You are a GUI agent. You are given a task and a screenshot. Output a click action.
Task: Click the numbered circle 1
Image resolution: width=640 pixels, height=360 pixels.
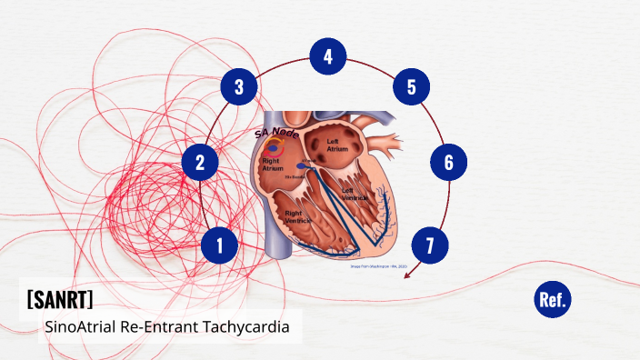tap(219, 245)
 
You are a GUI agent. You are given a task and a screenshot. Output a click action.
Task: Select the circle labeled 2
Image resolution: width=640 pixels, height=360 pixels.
tap(200, 164)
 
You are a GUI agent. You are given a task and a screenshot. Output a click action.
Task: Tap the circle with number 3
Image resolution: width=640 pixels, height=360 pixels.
tap(239, 87)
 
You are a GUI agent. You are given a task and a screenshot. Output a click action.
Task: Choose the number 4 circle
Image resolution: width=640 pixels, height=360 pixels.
tap(327, 56)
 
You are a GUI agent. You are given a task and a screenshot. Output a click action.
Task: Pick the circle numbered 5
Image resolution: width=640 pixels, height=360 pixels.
tap(411, 87)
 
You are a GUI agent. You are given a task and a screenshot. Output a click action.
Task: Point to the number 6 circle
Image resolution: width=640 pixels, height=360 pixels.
tap(448, 163)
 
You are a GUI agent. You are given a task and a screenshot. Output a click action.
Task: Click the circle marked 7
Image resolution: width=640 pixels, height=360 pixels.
tap(430, 245)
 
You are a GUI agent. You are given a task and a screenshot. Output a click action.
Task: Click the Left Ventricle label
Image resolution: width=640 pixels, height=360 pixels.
tap(355, 194)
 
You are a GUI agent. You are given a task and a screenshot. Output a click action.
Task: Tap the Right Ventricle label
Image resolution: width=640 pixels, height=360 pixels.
tap(296, 216)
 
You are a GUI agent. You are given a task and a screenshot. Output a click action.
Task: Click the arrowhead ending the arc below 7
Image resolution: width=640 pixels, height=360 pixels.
tap(405, 273)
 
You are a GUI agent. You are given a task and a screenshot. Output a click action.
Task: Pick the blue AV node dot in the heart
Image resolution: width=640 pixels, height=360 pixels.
tap(300, 166)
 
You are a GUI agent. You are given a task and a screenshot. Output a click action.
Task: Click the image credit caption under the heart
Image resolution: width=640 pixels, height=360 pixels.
tap(381, 266)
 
